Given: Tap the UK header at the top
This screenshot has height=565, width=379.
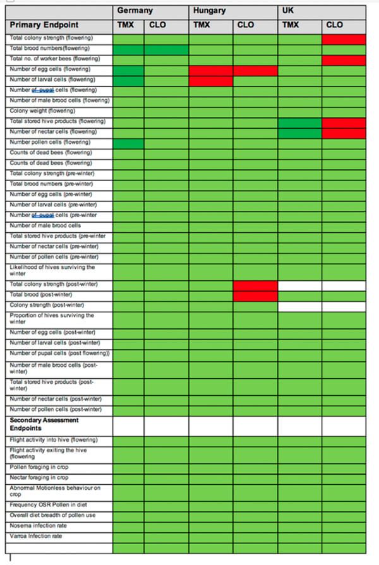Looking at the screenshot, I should click(x=287, y=11).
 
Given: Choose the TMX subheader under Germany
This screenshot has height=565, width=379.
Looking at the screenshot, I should click(x=126, y=25).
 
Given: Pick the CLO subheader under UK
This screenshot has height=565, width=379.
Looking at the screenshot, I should click(x=335, y=25).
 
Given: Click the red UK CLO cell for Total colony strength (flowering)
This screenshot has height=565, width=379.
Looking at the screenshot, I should click(x=344, y=39).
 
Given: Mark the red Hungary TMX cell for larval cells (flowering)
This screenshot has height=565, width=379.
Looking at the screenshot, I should click(x=210, y=81).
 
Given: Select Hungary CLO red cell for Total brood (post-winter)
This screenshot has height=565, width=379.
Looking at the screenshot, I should click(x=255, y=295).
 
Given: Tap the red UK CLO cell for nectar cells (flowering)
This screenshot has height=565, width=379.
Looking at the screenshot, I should click(x=344, y=133).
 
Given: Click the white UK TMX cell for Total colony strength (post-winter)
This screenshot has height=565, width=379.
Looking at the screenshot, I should click(x=299, y=285).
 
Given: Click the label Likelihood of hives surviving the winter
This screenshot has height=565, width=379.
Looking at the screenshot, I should click(x=52, y=271).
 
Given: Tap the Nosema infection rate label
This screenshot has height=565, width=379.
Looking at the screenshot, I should click(x=39, y=526).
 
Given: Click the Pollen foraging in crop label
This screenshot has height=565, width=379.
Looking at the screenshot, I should click(x=39, y=467).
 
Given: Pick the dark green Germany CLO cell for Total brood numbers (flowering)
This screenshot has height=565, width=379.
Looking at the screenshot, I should click(x=166, y=49).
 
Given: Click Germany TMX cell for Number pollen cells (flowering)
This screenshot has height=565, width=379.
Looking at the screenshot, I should click(x=128, y=143).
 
